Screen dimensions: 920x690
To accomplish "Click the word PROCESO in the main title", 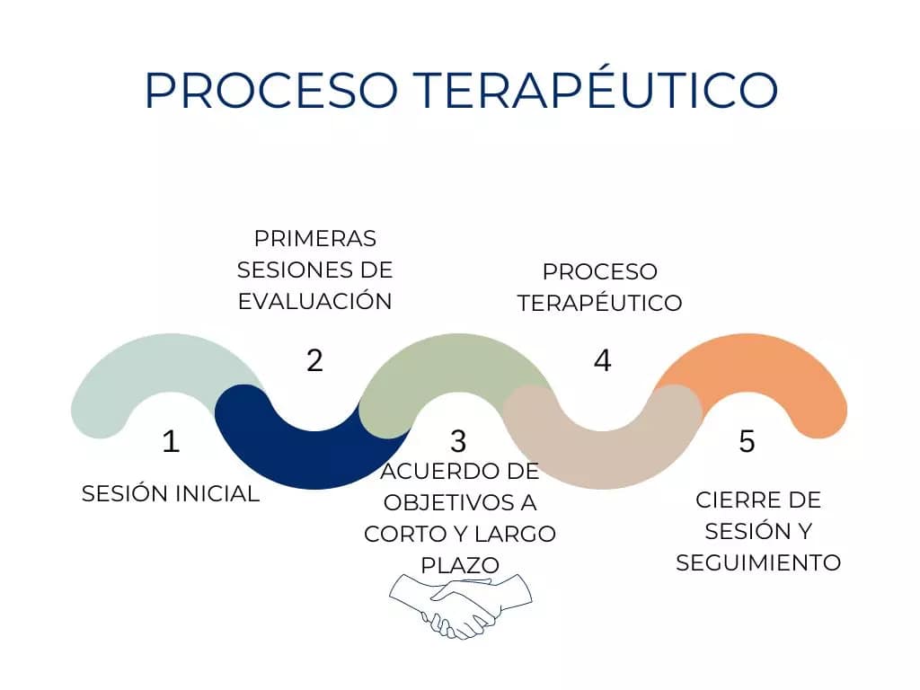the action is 271,90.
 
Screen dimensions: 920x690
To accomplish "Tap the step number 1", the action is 171,441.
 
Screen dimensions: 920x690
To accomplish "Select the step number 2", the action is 314,360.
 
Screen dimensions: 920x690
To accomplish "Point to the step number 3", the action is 458,441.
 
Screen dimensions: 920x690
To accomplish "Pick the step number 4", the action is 603,360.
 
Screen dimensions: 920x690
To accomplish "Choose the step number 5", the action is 747,441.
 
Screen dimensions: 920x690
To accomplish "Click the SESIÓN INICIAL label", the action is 171,493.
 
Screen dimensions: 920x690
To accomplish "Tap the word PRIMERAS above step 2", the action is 315,239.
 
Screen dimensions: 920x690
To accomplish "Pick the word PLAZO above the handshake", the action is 460,566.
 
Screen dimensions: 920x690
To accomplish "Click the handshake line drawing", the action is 461,606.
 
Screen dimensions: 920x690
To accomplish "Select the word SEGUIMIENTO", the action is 758,562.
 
